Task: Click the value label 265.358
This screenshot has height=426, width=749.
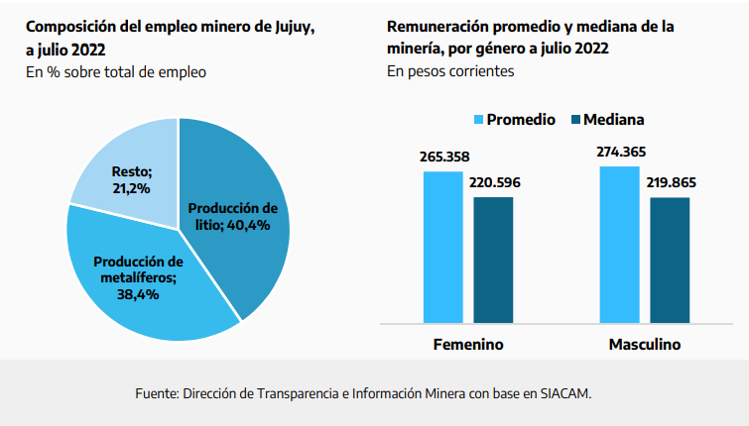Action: [x=443, y=158]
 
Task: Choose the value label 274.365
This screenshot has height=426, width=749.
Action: [x=620, y=152]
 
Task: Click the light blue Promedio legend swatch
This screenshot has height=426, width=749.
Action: [x=477, y=120]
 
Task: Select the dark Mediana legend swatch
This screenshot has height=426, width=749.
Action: [x=574, y=120]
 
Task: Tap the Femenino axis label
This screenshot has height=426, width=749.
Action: [x=468, y=345]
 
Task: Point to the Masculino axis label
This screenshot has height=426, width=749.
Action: [x=644, y=345]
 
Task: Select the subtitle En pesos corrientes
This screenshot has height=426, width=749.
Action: [x=451, y=71]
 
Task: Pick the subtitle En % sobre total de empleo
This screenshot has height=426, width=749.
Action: [x=116, y=71]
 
